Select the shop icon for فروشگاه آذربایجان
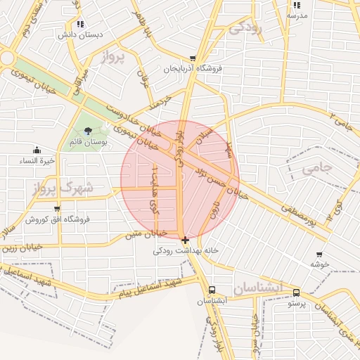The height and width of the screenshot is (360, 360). tap(193, 59)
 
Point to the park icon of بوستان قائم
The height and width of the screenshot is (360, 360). tap(88, 131)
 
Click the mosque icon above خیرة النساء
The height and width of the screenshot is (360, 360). tap(37, 150)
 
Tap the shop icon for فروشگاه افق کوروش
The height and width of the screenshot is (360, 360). tap(57, 209)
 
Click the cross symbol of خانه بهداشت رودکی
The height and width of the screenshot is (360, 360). tap(185, 240)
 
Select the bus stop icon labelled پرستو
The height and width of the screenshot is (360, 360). tap(296, 292)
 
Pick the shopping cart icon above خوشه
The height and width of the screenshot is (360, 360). tap(319, 255)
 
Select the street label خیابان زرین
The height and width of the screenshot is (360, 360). tap(21, 249)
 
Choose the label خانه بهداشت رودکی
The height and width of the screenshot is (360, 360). tap(186, 251)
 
